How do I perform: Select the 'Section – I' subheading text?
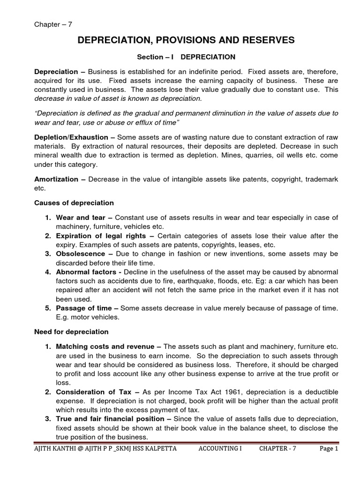[155, 57]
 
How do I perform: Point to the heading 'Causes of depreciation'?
[74, 203]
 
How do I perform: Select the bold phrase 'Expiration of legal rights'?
[103, 236]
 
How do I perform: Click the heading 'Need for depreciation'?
[71, 332]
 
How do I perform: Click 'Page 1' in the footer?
[329, 449]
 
